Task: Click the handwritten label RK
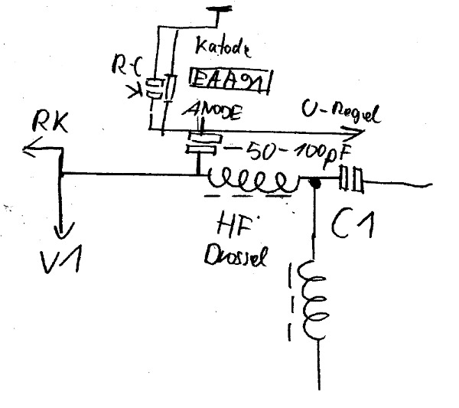pyautogui.click(x=50, y=122)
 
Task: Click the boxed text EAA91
pyautogui.click(x=229, y=80)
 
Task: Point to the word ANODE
pyautogui.click(x=213, y=113)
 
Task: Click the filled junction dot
pyautogui.click(x=313, y=183)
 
